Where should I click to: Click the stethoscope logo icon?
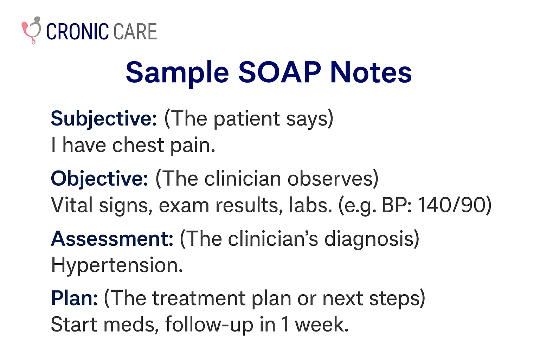coord(32,30)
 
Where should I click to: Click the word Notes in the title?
coord(371,72)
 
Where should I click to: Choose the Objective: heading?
coord(99,179)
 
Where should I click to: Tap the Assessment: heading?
coord(112,238)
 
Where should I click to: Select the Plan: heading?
coord(74,298)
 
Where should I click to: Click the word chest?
coord(139,145)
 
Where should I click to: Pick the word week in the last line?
coord(322,324)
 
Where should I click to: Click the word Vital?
coord(72,205)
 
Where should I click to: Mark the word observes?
coord(330,179)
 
